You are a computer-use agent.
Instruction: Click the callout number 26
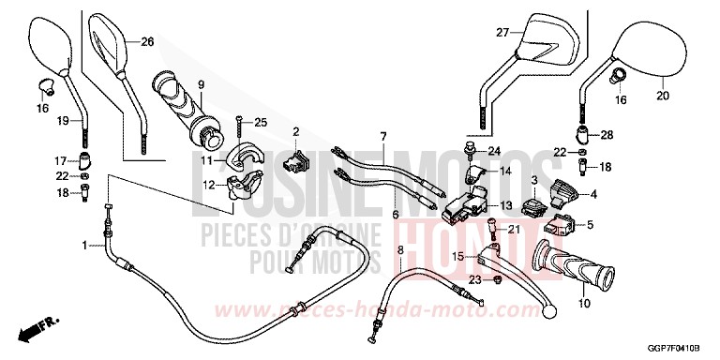147,41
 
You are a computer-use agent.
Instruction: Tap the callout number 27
502,34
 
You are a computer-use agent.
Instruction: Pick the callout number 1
85,246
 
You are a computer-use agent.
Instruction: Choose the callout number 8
400,249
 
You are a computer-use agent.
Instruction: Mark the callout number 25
261,123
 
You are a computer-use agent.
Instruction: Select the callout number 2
294,131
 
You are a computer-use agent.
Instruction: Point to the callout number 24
495,151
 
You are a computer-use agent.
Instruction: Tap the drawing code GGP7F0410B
673,348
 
